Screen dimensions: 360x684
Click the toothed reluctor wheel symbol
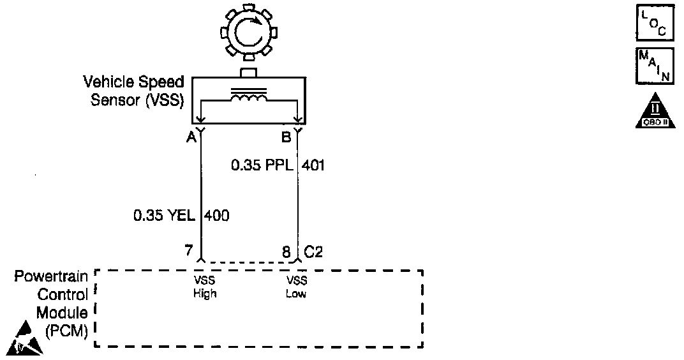(246, 33)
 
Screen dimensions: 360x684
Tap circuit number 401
(314, 166)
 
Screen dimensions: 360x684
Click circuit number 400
(217, 216)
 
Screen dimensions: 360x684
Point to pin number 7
(188, 251)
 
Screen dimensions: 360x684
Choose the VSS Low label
(297, 287)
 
